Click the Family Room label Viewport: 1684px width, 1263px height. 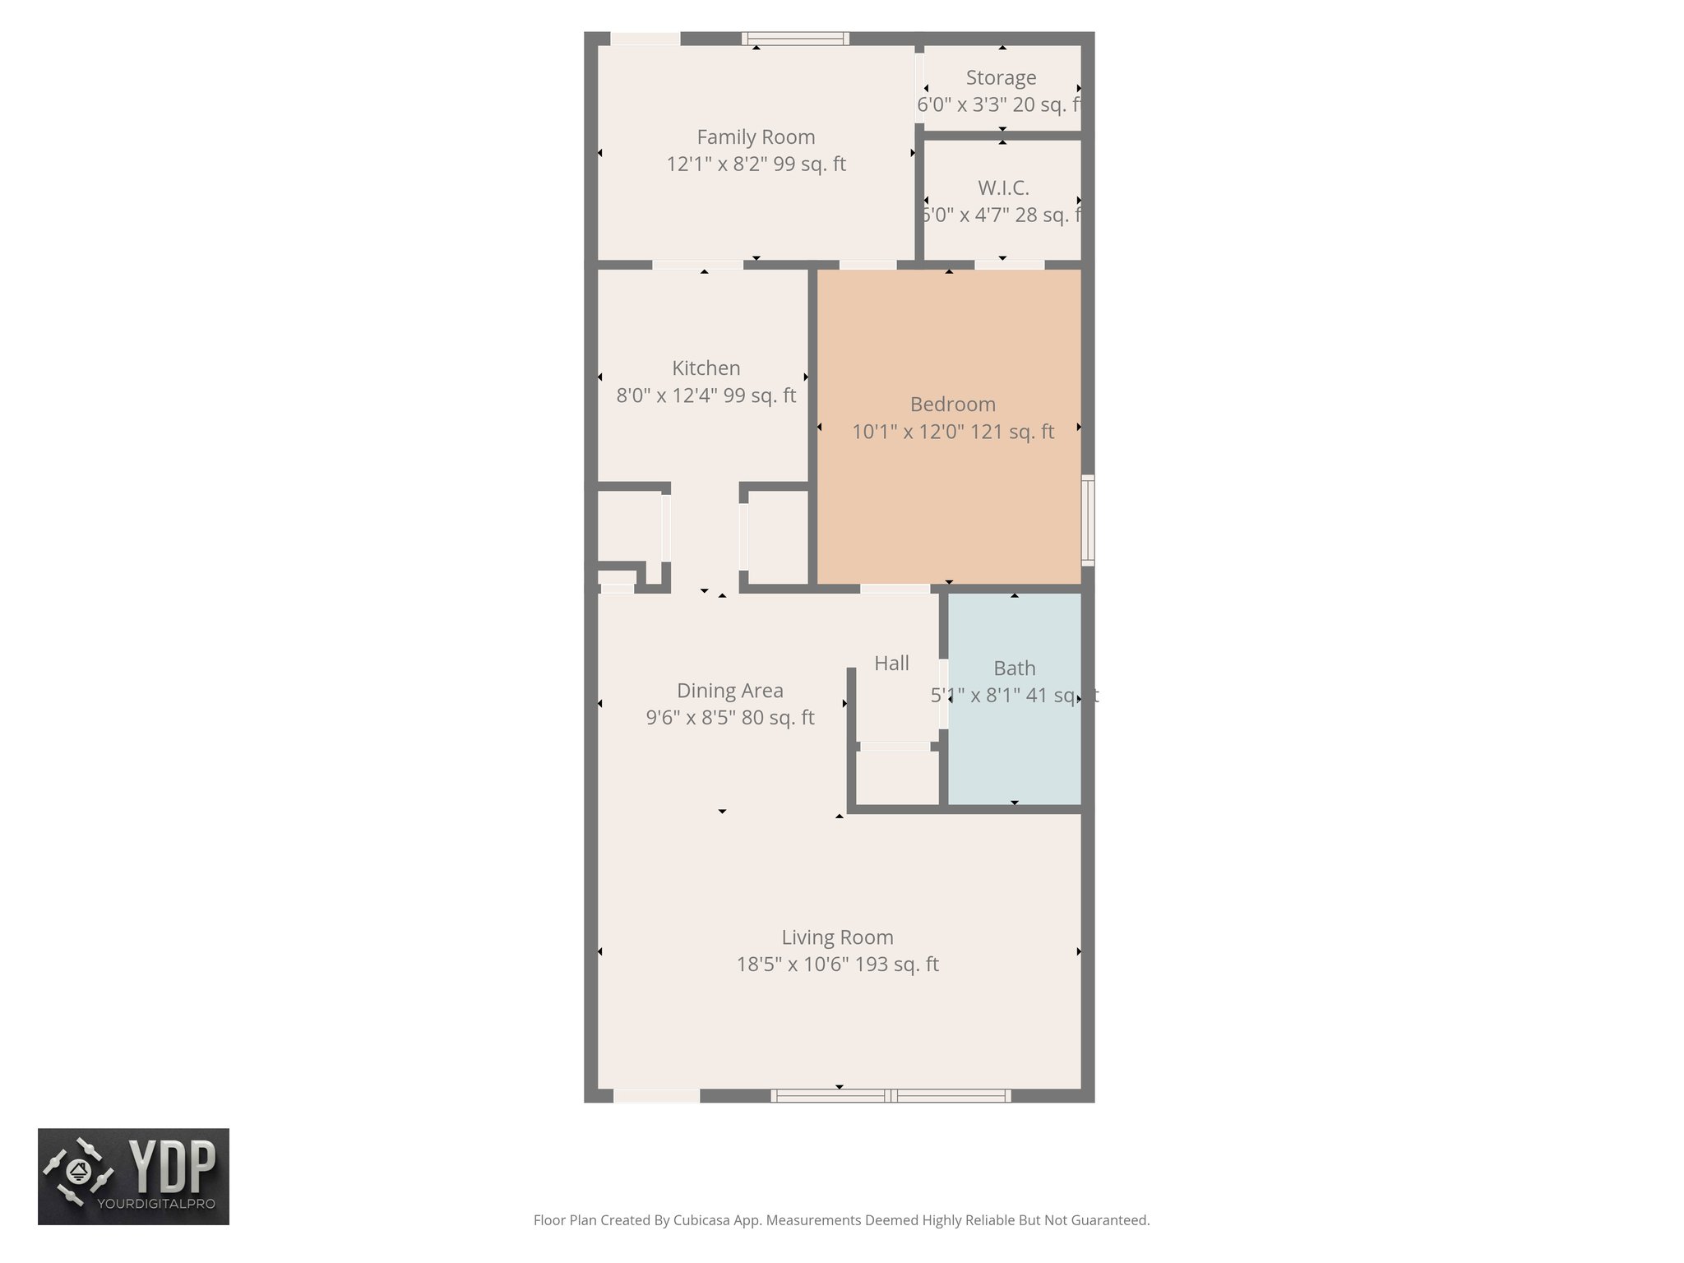pos(756,137)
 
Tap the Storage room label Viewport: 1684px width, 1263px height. pos(1001,78)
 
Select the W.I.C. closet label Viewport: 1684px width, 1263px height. pos(1003,188)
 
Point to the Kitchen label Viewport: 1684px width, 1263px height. pos(706,368)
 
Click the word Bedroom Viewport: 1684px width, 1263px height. pos(952,405)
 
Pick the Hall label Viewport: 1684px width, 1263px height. pos(891,664)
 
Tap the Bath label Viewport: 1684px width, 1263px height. pos(1014,669)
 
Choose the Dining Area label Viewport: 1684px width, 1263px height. pos(729,691)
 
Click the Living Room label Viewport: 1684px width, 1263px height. pos(837,937)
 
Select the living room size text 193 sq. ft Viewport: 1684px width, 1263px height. pos(897,965)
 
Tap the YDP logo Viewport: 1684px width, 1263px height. pos(133,1176)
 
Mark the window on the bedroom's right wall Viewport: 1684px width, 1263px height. pos(1088,520)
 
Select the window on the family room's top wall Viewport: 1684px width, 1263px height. pos(794,38)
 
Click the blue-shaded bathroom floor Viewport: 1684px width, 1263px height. pos(1015,756)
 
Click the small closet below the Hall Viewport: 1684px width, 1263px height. pos(897,777)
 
